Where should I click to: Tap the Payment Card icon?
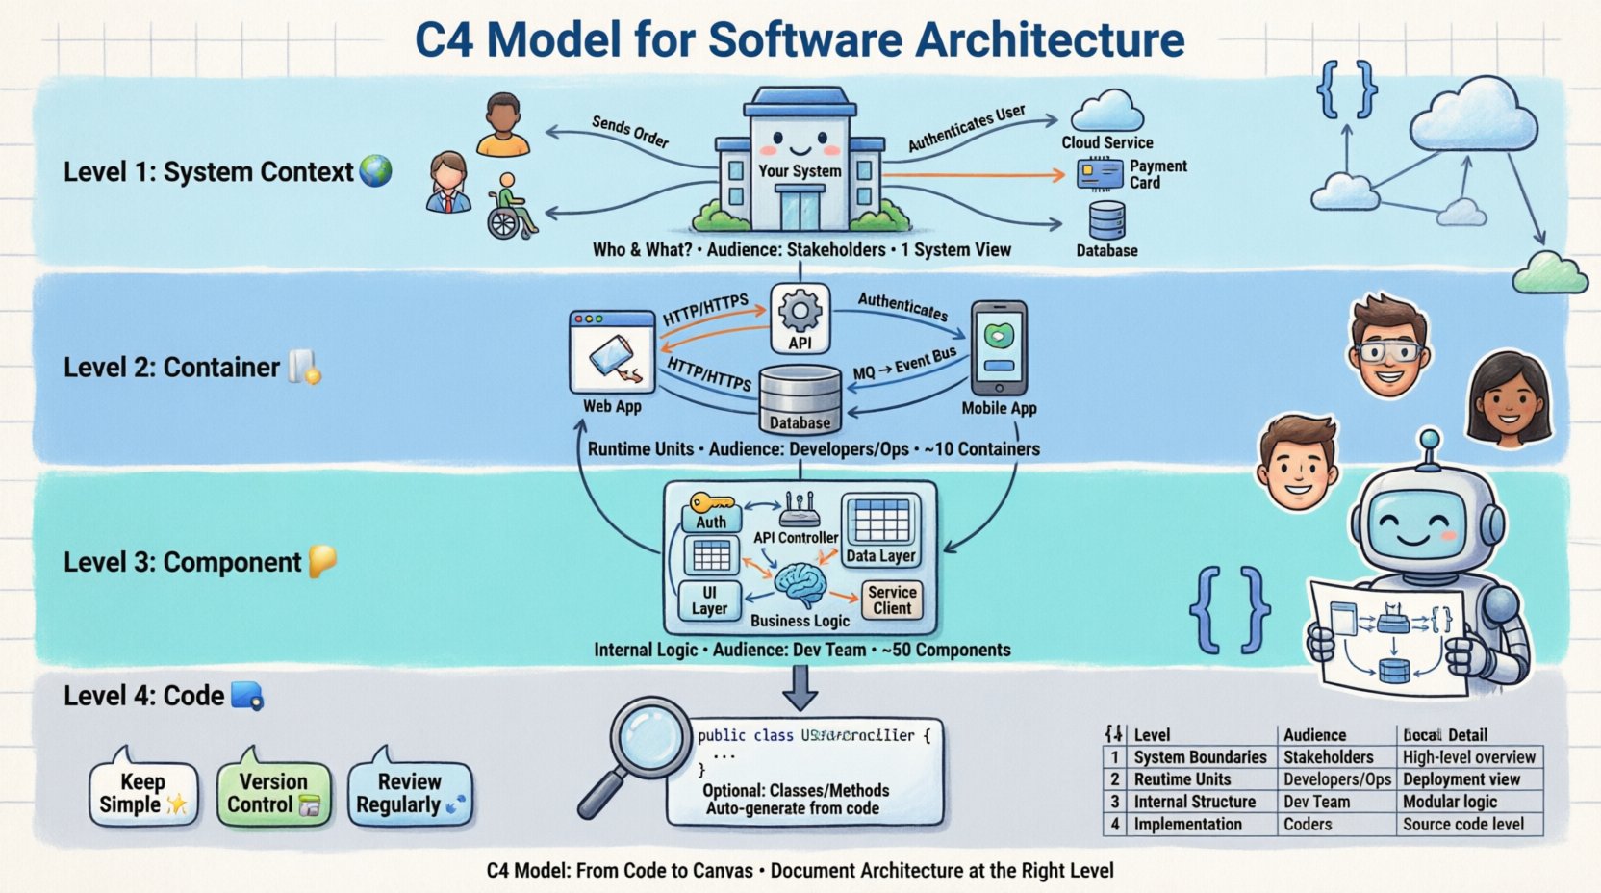coord(1099,174)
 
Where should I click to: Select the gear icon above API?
coord(800,311)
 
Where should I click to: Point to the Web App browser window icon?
coord(612,352)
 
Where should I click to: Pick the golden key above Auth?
coord(711,503)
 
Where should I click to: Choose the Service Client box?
coord(891,600)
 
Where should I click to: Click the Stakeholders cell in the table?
coord(1328,757)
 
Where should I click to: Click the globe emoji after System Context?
coord(375,171)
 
